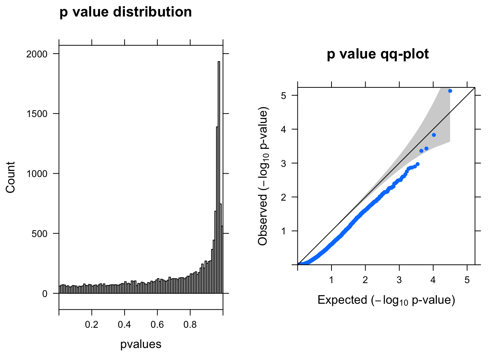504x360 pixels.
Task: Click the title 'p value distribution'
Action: click(x=126, y=12)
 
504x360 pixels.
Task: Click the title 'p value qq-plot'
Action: click(x=378, y=54)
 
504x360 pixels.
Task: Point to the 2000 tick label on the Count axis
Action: click(x=37, y=54)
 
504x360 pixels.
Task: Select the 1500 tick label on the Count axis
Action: click(x=37, y=114)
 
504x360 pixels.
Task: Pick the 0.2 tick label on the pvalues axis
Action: click(x=91, y=324)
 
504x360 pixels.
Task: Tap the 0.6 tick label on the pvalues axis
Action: click(x=157, y=324)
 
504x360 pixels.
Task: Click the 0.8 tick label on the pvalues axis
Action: click(x=190, y=324)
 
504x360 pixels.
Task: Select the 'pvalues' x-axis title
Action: click(x=141, y=344)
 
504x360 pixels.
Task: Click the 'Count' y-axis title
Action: click(x=10, y=177)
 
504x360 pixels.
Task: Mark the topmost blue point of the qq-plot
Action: click(x=450, y=91)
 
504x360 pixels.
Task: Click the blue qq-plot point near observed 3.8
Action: click(x=434, y=135)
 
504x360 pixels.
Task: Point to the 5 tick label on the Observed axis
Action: click(x=284, y=96)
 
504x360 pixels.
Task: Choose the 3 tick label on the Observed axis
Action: click(x=284, y=163)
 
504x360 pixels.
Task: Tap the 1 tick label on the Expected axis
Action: click(x=331, y=280)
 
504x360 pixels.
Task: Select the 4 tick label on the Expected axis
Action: click(x=433, y=280)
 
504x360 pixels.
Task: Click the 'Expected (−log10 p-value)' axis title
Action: click(x=386, y=300)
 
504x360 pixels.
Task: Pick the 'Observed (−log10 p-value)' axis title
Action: click(x=263, y=177)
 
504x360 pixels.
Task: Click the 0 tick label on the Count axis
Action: click(x=45, y=294)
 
